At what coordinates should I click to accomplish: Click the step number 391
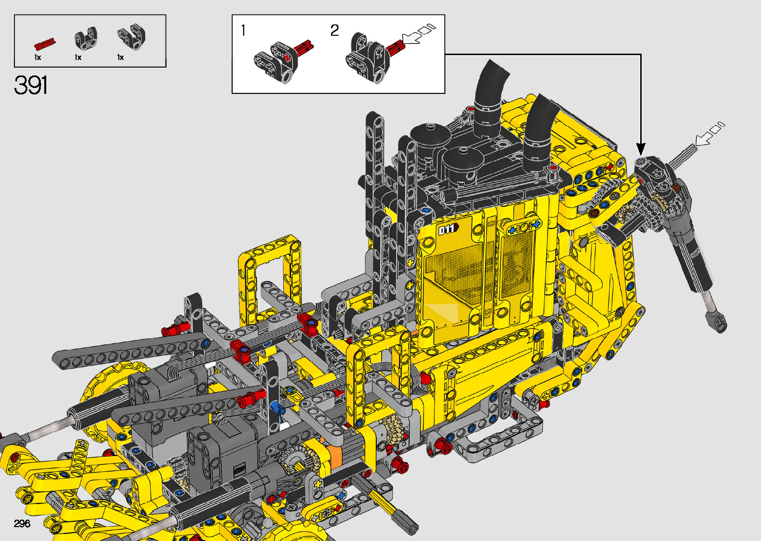click(x=31, y=85)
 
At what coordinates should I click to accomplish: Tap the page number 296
click(x=22, y=523)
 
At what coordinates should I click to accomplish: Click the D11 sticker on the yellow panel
click(x=448, y=229)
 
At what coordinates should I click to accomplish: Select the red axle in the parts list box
click(x=45, y=44)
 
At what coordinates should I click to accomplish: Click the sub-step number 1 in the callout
click(x=243, y=30)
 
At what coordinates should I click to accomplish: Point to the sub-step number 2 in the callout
click(x=335, y=30)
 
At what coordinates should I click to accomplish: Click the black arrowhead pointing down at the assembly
click(x=641, y=150)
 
